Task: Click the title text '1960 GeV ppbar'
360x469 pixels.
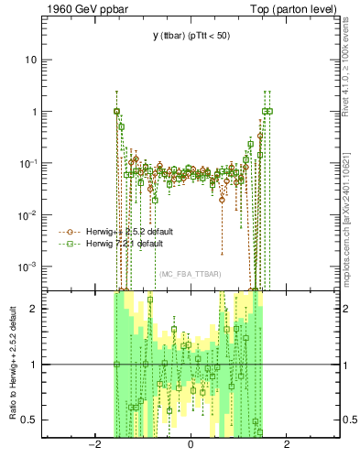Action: coord(80,9)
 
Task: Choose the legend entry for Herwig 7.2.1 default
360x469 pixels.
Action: coord(125,245)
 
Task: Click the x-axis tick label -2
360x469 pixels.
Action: coord(93,444)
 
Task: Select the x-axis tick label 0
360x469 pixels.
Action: coord(190,444)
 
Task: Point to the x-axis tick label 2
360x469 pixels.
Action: coord(287,444)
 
